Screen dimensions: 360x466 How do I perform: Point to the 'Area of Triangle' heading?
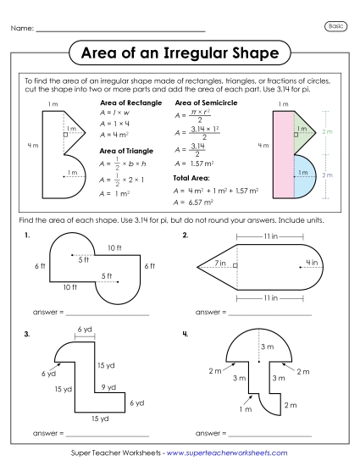(x=125, y=151)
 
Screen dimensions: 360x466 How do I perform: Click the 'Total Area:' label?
(x=191, y=179)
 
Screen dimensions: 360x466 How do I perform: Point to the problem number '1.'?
(x=29, y=234)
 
